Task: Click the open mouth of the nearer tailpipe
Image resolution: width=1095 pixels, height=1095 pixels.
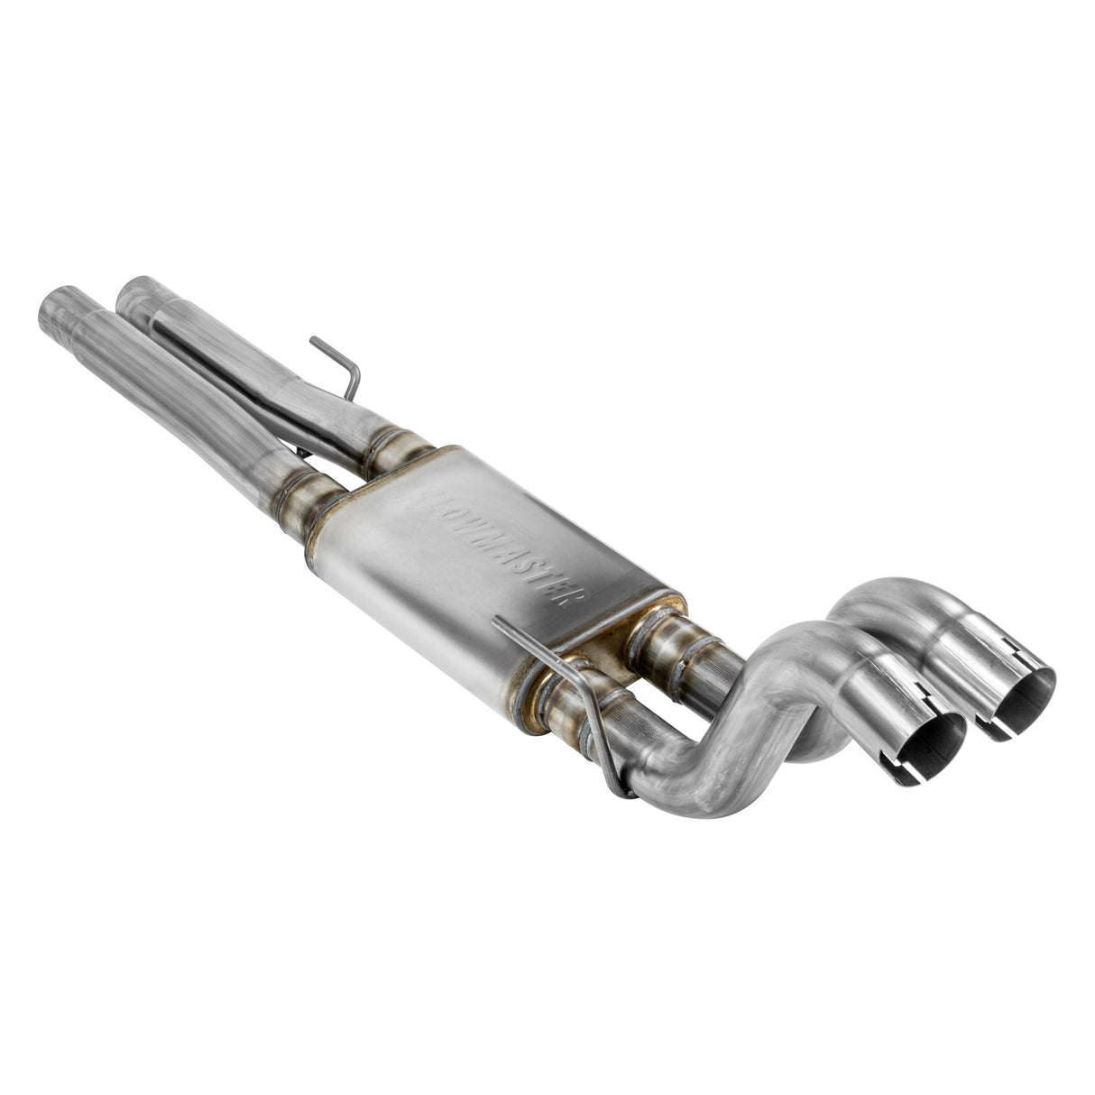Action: [x=929, y=747]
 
